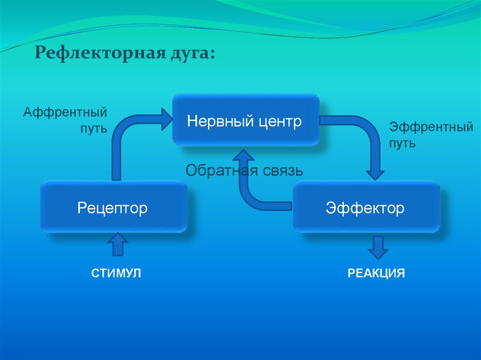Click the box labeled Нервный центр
point(246,120)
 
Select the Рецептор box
point(113,207)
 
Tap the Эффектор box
point(366,207)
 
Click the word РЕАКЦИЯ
point(376,273)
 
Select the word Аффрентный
point(66,113)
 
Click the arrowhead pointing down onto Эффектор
point(375,173)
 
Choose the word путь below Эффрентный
point(402,143)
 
